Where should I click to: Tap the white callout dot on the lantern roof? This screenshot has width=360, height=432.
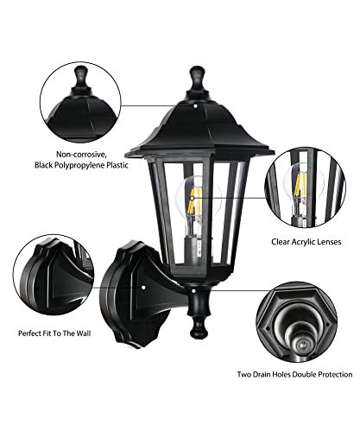195,106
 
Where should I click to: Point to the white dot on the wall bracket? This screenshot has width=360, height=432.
143,288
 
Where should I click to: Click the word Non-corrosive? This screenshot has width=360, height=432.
81,155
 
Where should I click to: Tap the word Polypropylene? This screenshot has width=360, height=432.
81,165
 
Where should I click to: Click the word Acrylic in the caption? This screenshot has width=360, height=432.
305,242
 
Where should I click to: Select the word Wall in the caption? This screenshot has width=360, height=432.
84,334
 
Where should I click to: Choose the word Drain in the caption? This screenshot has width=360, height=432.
261,374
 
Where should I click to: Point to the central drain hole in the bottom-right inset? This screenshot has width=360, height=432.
301,344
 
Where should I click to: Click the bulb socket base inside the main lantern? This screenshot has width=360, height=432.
196,251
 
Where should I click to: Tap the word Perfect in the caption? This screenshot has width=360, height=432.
30,334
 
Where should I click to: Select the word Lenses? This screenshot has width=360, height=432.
330,242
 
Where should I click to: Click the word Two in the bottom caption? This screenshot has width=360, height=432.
244,374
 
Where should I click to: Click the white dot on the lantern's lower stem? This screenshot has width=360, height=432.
193,291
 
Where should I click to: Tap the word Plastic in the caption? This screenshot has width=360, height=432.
118,165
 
